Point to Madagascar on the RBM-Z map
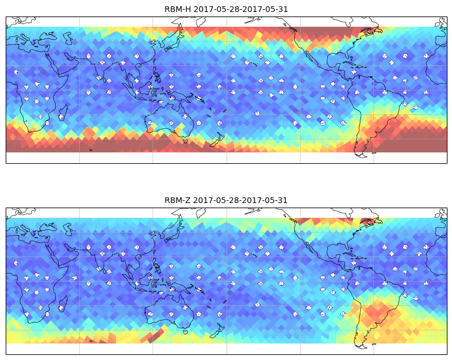[63, 303]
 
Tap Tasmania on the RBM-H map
[186, 141]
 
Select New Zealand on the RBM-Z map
[217, 331]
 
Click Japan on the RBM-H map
[174, 40]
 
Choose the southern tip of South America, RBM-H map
[361, 155]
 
